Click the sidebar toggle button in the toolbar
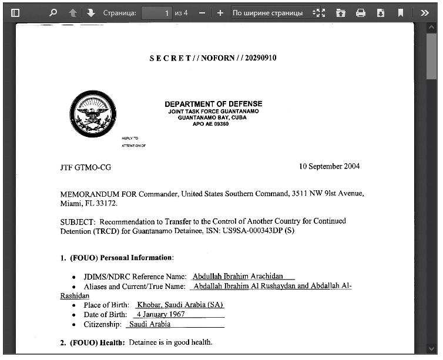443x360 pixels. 15,12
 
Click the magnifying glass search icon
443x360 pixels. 53,12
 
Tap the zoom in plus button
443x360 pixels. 220,12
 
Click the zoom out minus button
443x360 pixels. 202,12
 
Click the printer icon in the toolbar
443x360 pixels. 361,12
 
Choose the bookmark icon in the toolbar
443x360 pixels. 400,12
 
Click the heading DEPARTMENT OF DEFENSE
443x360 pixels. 213,104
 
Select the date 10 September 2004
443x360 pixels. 329,166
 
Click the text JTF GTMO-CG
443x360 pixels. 85,167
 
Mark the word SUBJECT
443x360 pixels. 77,221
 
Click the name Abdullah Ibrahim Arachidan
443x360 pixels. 238,276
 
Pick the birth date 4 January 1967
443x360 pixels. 160,314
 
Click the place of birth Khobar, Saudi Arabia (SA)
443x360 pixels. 180,305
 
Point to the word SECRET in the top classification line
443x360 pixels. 170,58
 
